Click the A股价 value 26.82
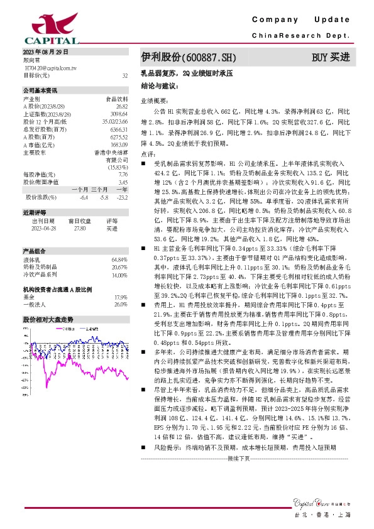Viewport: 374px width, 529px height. pos(122,106)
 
